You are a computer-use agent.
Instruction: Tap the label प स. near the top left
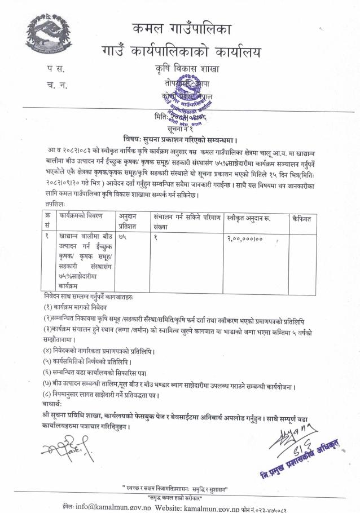point(56,70)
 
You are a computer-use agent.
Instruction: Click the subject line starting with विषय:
point(179,139)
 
